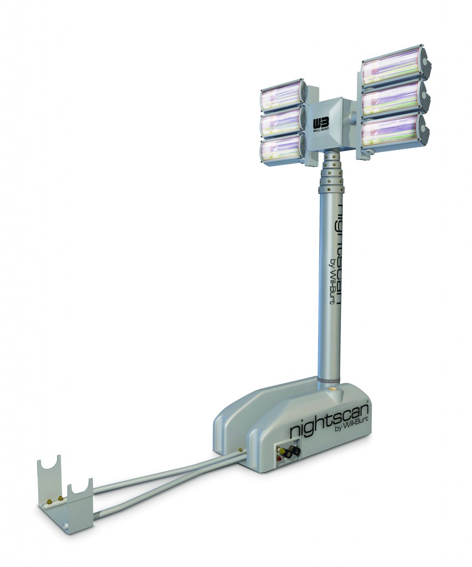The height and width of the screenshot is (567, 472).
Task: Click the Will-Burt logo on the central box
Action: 321,123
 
